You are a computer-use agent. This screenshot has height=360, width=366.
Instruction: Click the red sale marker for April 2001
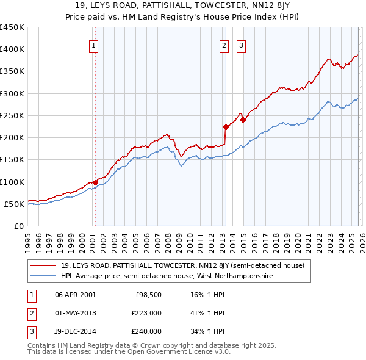coord(95,182)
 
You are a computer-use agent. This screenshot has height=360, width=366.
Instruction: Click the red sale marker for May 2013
coord(226,127)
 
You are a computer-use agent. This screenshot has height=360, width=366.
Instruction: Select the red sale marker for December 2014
coord(243,120)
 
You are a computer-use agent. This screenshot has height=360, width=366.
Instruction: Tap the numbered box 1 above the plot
coord(95,45)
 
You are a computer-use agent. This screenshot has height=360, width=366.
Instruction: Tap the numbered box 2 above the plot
coord(224,45)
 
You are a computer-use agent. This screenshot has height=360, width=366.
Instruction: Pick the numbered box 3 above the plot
coord(242,45)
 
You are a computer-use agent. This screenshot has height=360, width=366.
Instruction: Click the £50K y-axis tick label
coord(14,204)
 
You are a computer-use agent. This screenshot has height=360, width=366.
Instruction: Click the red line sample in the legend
coord(43,265)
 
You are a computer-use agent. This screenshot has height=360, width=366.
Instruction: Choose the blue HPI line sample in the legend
coord(43,276)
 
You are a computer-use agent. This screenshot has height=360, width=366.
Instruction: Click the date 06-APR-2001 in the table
coord(75,295)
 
